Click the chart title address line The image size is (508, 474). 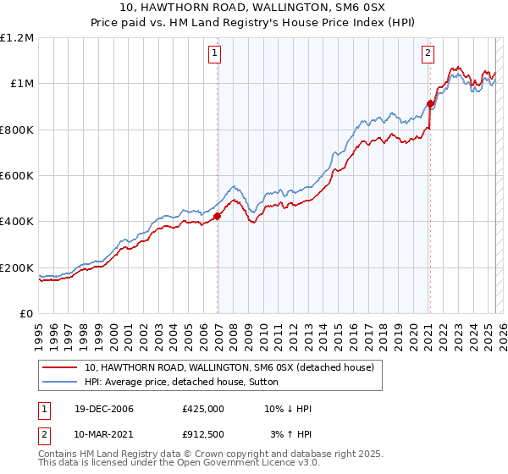coord(253,8)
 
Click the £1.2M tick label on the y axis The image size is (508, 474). coord(17,38)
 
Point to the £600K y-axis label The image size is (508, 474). coord(17,176)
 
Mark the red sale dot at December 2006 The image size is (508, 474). coord(218,216)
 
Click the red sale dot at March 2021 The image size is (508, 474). coord(430,104)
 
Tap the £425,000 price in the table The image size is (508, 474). coord(202,409)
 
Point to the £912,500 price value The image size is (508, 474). coord(202,434)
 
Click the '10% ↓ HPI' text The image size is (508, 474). coord(288,409)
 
